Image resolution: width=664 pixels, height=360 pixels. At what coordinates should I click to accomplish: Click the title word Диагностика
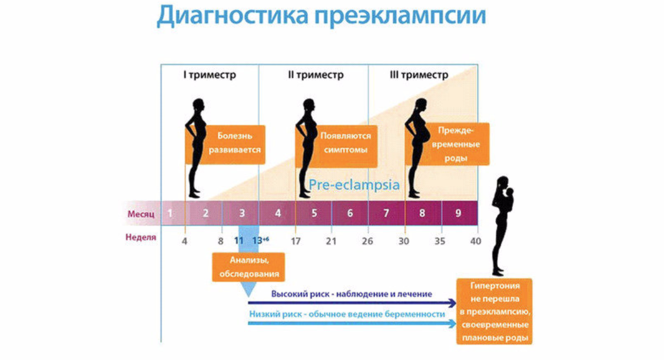coord(232,17)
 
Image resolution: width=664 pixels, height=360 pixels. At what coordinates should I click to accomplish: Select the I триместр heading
coord(210,75)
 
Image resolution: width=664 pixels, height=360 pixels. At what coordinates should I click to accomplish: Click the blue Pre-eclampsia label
coord(354,185)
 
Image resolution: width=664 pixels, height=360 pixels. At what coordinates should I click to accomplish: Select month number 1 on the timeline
coord(170,213)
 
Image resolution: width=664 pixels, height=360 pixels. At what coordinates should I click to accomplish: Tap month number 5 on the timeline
coord(314,213)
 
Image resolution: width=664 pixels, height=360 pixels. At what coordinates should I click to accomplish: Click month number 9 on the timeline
coord(458,213)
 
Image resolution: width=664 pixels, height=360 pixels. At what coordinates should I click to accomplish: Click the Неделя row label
coord(141,238)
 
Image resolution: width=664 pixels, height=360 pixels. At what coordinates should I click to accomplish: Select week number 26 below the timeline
coord(367,241)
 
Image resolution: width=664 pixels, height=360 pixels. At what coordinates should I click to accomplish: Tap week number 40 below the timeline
coord(475,241)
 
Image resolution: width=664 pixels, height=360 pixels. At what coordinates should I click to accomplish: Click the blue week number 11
coord(238,241)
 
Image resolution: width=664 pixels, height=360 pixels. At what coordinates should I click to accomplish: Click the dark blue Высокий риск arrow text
coord(351,294)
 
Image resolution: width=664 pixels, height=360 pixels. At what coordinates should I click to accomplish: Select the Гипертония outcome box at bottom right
coord(495,311)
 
